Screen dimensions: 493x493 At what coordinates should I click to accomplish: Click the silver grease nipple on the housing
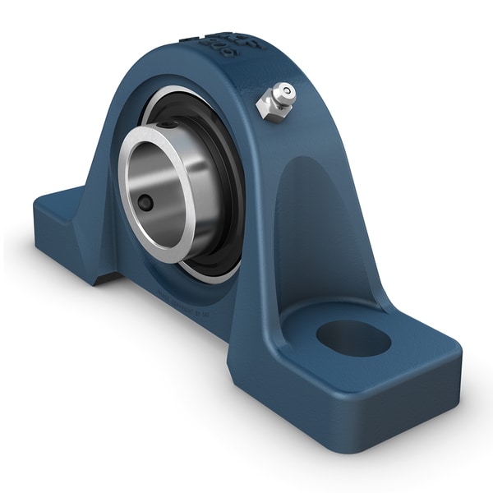click(x=277, y=100)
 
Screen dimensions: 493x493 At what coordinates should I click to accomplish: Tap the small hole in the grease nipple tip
click(x=287, y=91)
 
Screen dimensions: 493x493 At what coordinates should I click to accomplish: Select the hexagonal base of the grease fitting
click(x=268, y=108)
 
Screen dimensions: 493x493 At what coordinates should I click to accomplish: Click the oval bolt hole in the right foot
click(x=352, y=338)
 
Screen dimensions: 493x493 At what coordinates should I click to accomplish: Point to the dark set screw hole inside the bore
click(x=145, y=202)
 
